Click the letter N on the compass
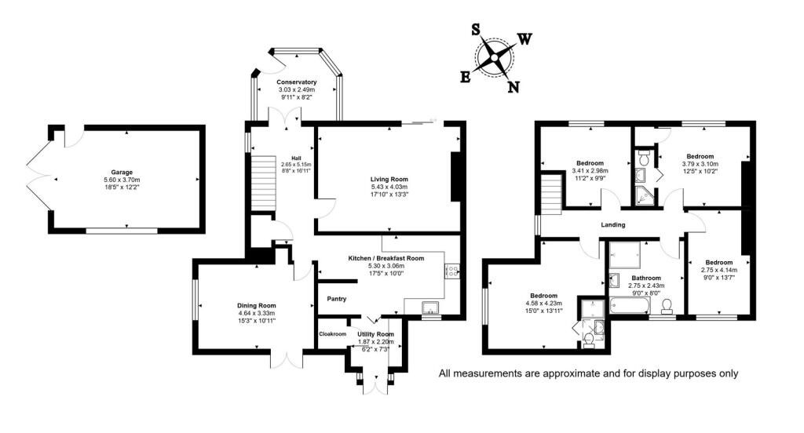(x=513, y=87)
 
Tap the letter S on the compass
(x=476, y=31)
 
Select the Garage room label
(x=122, y=172)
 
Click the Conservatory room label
(x=296, y=82)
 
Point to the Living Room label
(x=389, y=180)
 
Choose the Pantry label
(x=336, y=299)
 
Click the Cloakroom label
(x=332, y=334)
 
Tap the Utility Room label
(x=375, y=334)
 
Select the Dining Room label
(x=257, y=306)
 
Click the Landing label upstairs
(x=612, y=224)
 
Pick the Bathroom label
(x=646, y=278)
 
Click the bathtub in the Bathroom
(x=629, y=307)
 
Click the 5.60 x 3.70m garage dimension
(x=122, y=180)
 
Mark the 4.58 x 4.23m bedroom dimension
(x=543, y=304)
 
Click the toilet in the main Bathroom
(x=667, y=307)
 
